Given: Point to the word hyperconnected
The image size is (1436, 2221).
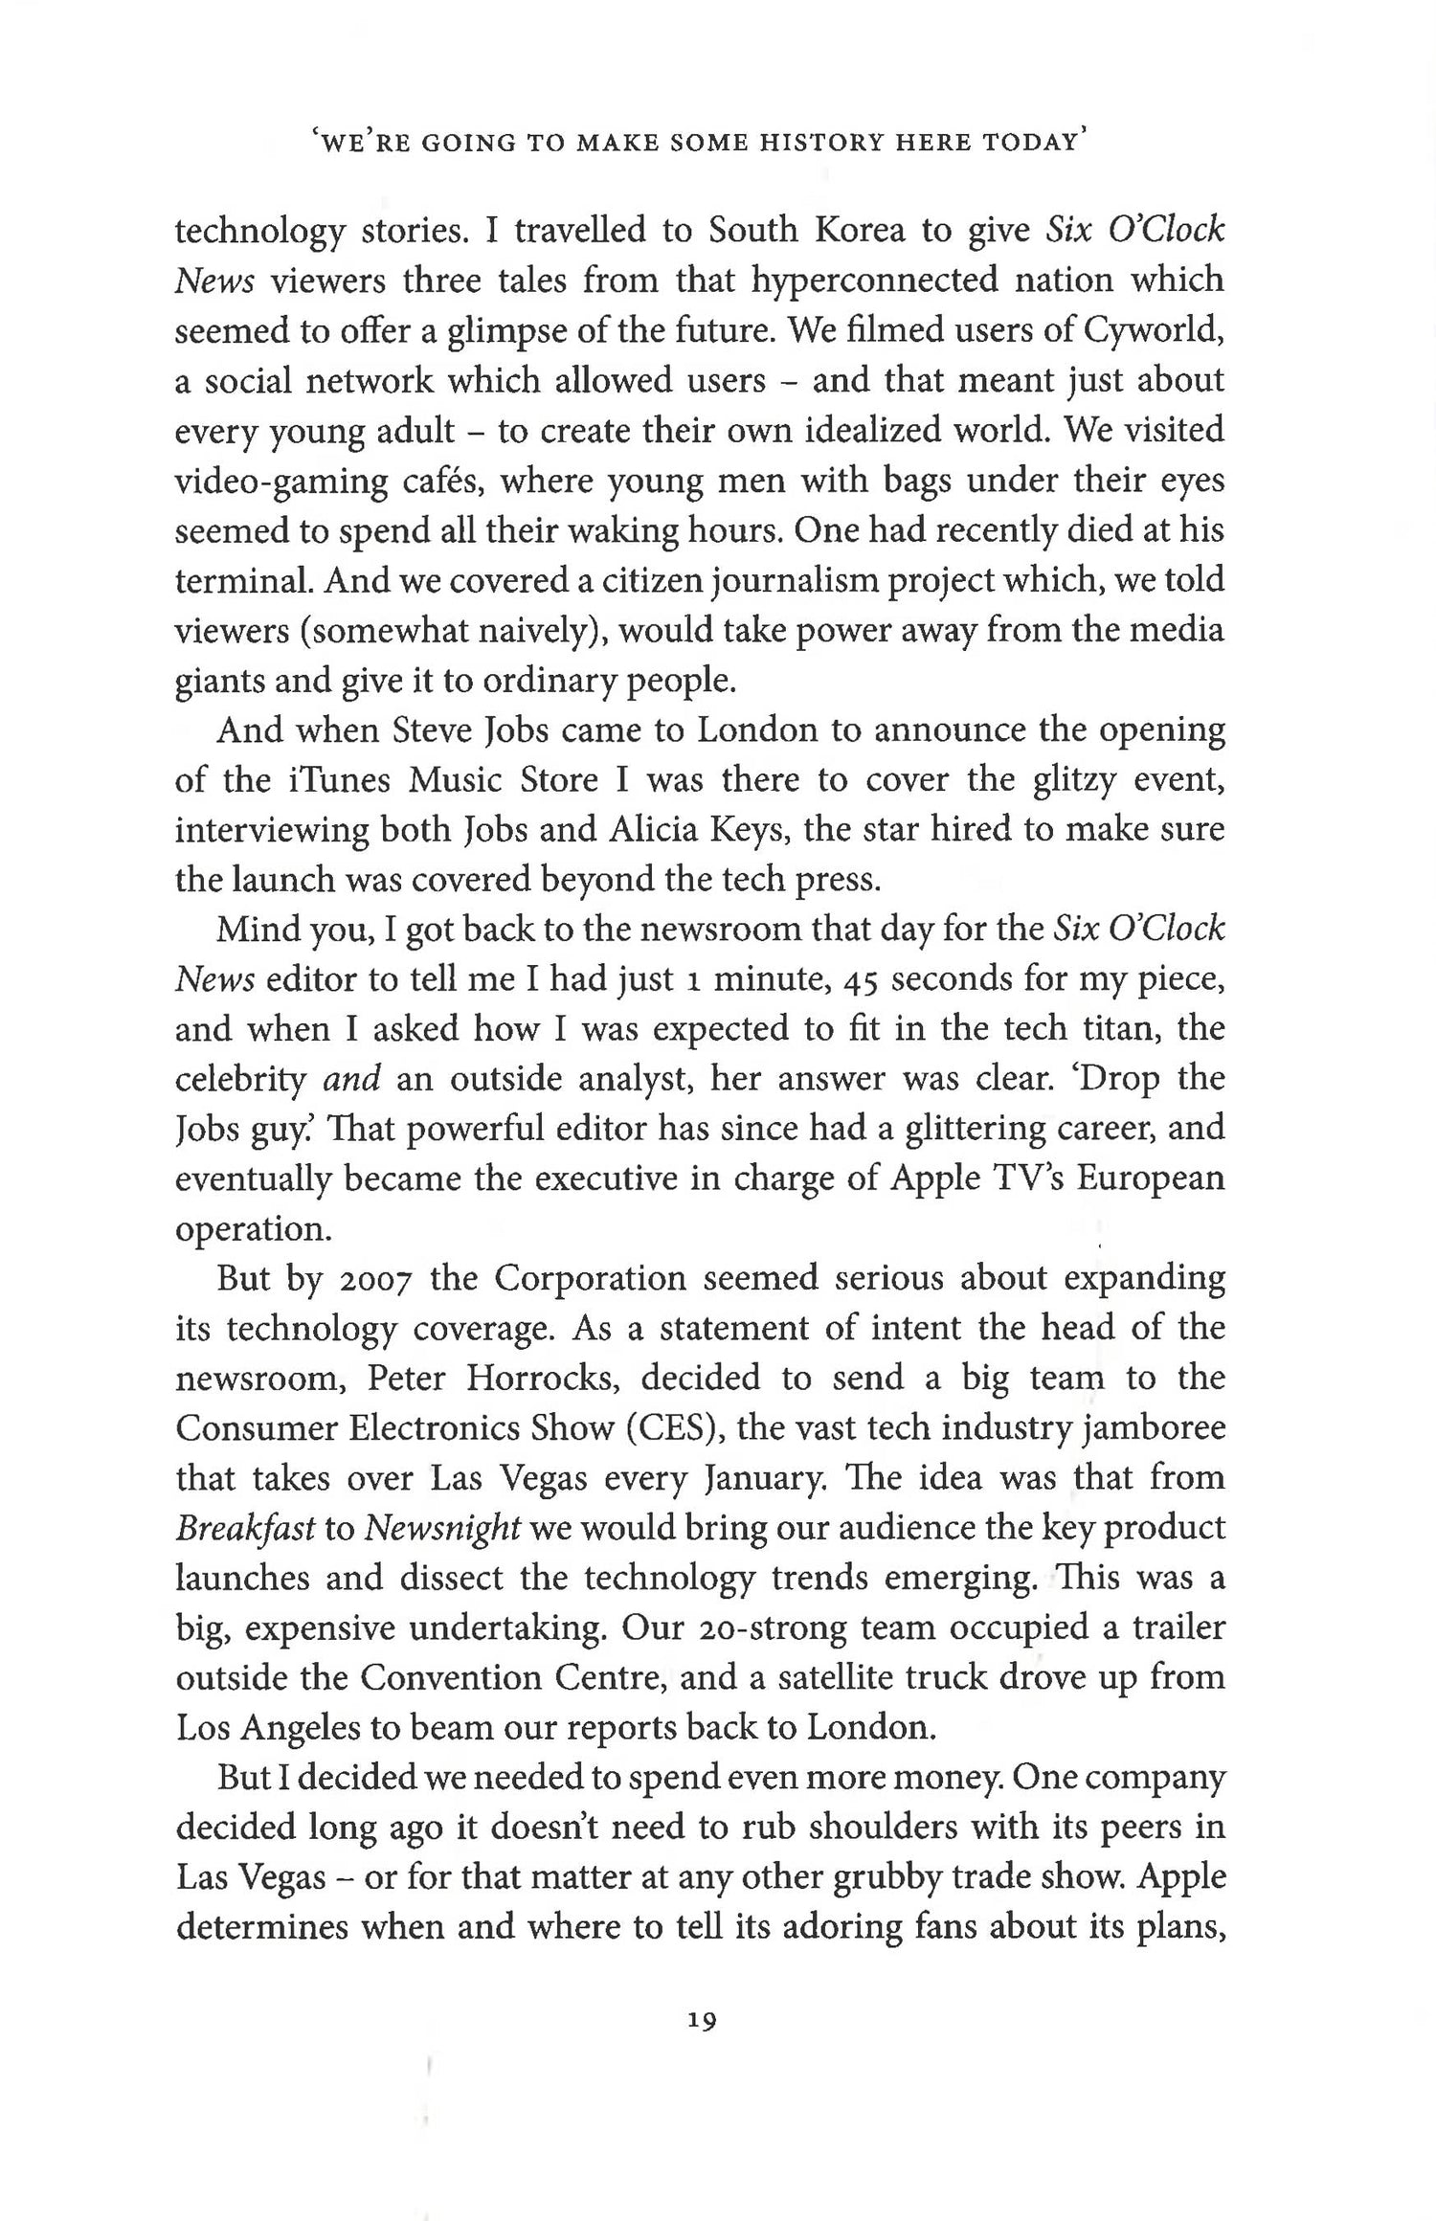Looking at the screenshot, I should click(x=874, y=280).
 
